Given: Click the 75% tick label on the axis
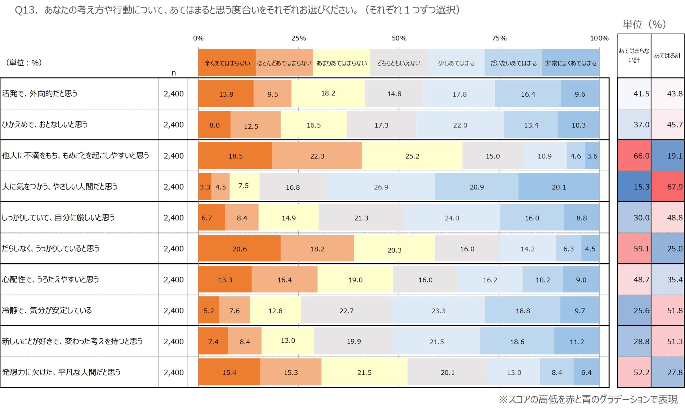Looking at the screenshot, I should coord(499,38).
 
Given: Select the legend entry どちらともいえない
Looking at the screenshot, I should coord(398,63).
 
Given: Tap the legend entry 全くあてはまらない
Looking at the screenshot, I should coord(227,63).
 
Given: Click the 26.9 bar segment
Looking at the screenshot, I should coord(381,187).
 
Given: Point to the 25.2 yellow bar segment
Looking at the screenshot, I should coord(412,156).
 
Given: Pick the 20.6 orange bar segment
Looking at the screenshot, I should coord(239,249).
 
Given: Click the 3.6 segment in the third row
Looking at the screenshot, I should coord(592,156).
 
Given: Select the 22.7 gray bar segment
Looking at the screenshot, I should coord(346,311).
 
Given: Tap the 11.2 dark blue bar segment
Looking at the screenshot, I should coord(577,341).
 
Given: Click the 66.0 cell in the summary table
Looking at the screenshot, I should coord(634,156).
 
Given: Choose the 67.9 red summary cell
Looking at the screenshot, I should coord(668,187).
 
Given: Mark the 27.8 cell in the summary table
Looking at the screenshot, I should coord(668,372).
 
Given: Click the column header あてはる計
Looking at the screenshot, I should coord(667,56).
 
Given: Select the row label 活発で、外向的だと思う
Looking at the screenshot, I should coord(40,93).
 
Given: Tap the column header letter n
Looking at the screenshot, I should coord(174,73).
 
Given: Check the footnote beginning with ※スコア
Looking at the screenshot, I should coord(588,399).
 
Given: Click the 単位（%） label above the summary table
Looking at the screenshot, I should coord(644,24).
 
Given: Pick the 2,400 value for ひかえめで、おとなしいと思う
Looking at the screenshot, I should coord(174,125).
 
